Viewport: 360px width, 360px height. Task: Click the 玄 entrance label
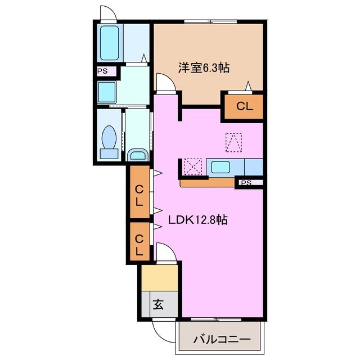click(158, 305)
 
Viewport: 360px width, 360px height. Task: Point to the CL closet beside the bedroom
click(244, 105)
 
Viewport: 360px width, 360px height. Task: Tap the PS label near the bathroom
click(102, 71)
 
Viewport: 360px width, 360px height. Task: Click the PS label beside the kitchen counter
click(246, 183)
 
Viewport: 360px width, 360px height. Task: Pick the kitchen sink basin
click(219, 167)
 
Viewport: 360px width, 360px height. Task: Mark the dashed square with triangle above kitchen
click(233, 142)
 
